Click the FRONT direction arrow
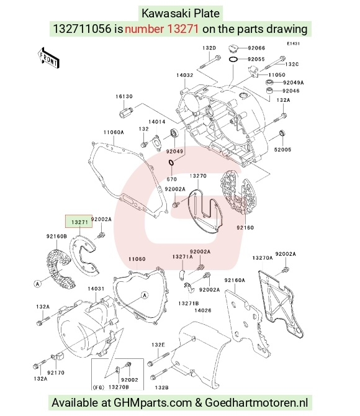[x=48, y=58]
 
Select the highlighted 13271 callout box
[x=79, y=221]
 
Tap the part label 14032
[x=184, y=75]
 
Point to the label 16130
[x=124, y=97]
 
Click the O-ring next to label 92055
[x=233, y=60]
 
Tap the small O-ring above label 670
[x=171, y=163]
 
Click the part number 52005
[x=282, y=150]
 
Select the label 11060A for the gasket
[x=114, y=132]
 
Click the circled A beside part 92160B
[x=38, y=284]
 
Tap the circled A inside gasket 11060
[x=145, y=295]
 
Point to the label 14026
[x=203, y=310]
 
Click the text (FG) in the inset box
[x=98, y=387]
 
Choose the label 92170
[x=56, y=373]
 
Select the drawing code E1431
[x=293, y=43]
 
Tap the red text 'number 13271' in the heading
[x=161, y=29]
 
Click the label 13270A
[x=263, y=258]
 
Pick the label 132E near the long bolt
[x=158, y=345]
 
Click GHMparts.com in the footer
[x=153, y=403]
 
